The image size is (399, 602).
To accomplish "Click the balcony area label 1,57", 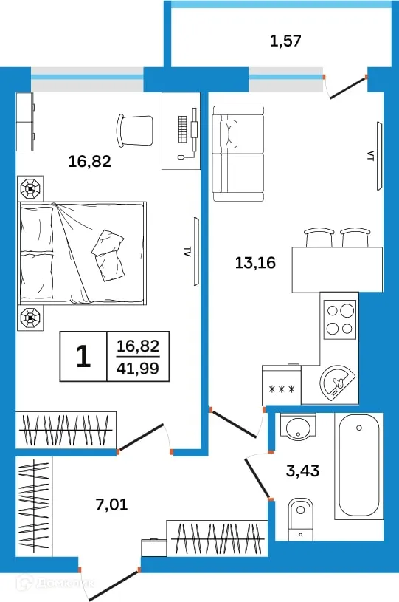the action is [x=285, y=41].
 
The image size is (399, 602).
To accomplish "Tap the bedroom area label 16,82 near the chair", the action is [x=90, y=161].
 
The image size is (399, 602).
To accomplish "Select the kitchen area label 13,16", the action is [x=255, y=263].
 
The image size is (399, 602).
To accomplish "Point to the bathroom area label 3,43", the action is [x=303, y=471].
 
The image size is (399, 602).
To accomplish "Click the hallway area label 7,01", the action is [x=111, y=504].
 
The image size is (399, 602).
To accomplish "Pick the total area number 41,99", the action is [x=138, y=368].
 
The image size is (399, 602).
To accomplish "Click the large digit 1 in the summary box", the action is [x=83, y=356].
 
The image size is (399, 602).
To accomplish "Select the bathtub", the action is [x=358, y=465].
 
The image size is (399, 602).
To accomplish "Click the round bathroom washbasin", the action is [x=298, y=426].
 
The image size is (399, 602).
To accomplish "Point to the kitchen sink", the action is [x=337, y=383].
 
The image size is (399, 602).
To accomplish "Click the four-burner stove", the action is [x=340, y=320].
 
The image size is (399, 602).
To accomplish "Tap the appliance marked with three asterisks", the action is [x=282, y=385].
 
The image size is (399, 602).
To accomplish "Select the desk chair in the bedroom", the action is [x=135, y=129].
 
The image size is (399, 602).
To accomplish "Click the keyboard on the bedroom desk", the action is [x=183, y=129].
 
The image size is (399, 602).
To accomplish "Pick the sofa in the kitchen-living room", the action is [x=239, y=154].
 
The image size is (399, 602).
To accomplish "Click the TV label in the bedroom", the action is [x=187, y=252].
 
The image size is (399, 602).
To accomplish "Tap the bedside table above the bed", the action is [x=30, y=188].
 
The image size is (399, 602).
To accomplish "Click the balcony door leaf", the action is [x=347, y=89].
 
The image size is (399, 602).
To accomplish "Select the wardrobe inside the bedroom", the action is [x=66, y=430].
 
